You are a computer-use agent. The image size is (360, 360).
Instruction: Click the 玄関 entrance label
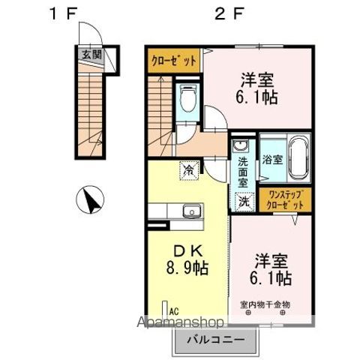pos(92,55)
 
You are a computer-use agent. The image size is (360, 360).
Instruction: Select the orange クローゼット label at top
pos(172,60)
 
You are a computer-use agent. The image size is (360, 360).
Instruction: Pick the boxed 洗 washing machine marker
pos(245,200)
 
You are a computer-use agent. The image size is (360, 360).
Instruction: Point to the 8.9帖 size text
pos(187,267)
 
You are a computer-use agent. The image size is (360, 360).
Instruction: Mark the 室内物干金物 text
pos(265,304)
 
